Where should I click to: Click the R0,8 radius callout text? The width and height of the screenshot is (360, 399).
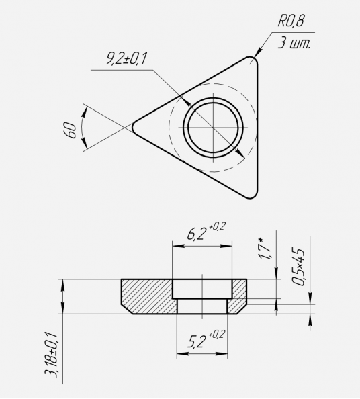pyautogui.click(x=291, y=21)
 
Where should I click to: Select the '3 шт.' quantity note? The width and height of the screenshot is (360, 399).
pyautogui.click(x=294, y=43)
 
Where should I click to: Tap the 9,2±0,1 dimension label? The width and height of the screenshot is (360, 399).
pyautogui.click(x=126, y=58)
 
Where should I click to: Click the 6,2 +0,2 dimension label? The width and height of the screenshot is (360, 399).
pyautogui.click(x=206, y=231)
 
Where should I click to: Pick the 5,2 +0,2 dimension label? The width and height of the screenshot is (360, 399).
pyautogui.click(x=206, y=339)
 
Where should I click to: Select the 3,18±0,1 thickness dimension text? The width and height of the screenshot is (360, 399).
pyautogui.click(x=51, y=354)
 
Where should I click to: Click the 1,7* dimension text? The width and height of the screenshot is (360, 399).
pyautogui.click(x=265, y=249)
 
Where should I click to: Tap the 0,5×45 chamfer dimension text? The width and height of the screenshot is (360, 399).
pyautogui.click(x=298, y=267)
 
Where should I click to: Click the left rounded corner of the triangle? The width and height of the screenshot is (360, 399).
pyautogui.click(x=133, y=127)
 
